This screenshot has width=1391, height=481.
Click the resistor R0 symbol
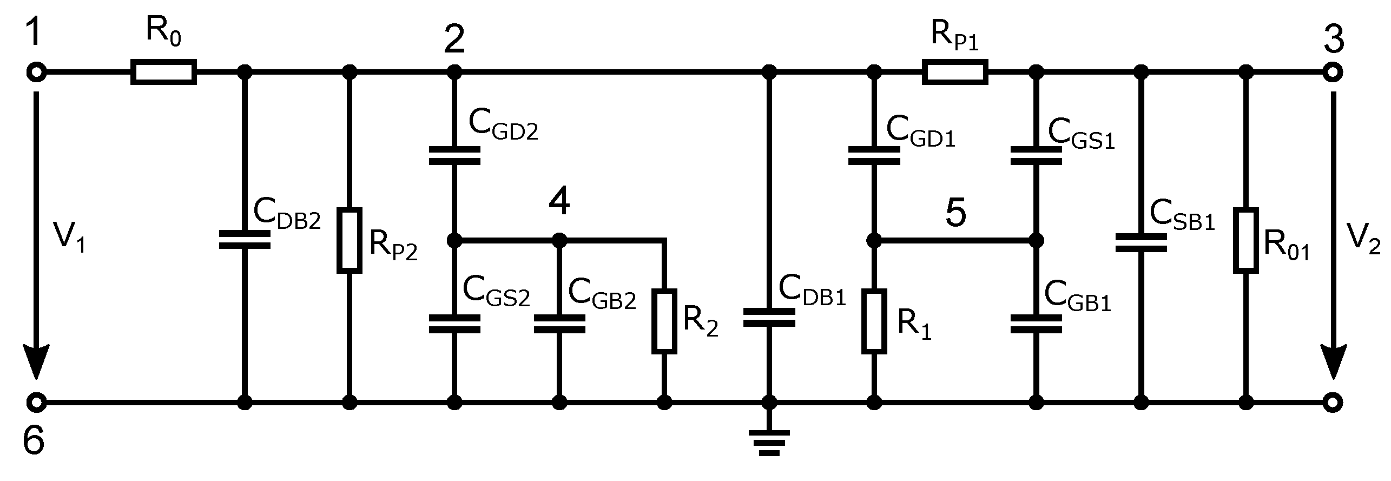tap(163, 71)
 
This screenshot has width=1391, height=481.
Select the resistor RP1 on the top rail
tap(955, 71)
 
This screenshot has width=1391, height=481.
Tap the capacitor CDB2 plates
tap(245, 240)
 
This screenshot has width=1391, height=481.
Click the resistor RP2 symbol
tap(350, 240)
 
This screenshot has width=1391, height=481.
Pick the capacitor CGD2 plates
tap(454, 155)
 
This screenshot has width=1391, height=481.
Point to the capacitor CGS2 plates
tap(454, 324)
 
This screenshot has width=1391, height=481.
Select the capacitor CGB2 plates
tap(559, 324)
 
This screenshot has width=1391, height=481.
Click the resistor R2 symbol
tap(664, 321)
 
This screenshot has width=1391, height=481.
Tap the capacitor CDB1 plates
tap(769, 318)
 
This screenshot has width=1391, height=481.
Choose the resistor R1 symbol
tap(874, 321)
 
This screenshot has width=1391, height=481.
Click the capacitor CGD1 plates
tap(874, 155)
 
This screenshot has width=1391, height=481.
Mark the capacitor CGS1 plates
tap(1036, 155)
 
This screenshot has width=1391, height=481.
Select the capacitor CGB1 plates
tap(1036, 324)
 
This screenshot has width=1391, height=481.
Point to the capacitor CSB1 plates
tap(1141, 243)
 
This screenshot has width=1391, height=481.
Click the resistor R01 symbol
tap(1245, 240)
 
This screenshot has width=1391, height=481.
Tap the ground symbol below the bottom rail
tap(769, 442)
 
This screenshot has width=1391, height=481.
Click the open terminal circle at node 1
tap(36, 71)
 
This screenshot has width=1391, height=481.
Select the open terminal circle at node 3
tap(1333, 71)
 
